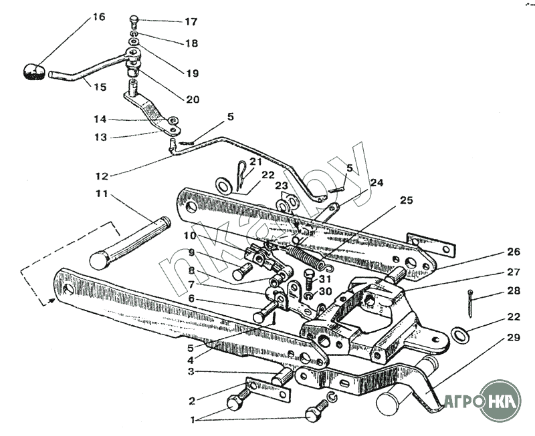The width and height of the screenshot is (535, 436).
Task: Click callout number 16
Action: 98,17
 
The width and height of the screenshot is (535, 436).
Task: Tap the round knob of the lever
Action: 33,71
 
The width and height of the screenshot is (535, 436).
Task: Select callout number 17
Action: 191,21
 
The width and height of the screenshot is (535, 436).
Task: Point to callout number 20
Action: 193,99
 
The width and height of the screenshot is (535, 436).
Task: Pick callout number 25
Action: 407,200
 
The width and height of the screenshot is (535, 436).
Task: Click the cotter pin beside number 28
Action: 473,304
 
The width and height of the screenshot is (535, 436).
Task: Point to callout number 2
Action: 191,401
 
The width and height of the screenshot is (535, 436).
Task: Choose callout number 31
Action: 326,278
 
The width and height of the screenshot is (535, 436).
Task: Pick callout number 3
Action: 191,371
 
